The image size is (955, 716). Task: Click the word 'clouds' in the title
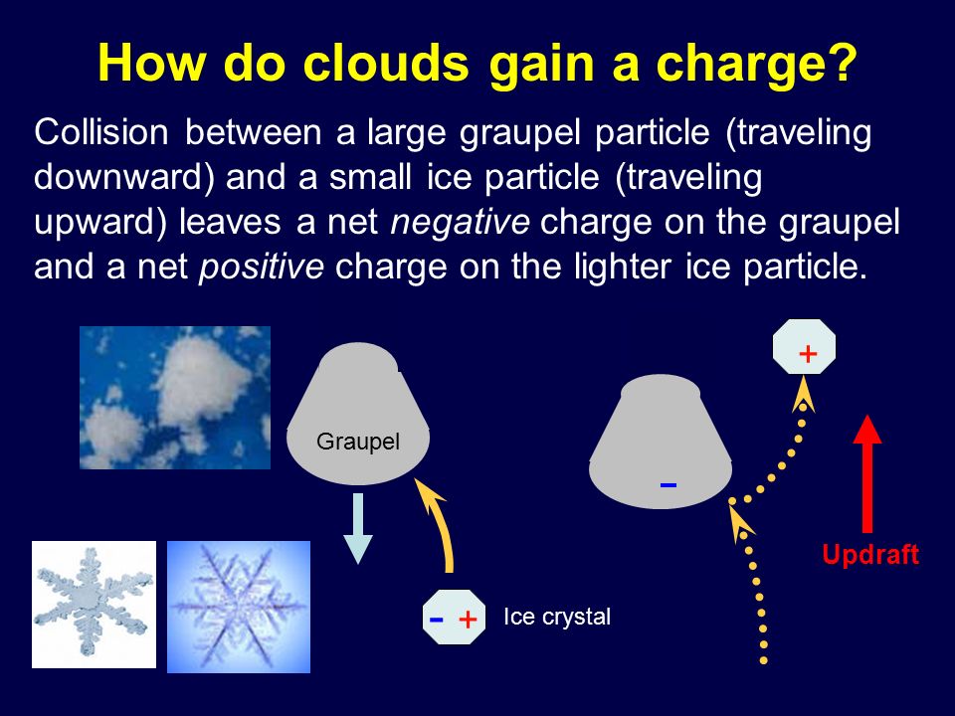[386, 62]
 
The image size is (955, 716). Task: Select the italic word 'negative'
[460, 222]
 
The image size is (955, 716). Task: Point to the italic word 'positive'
[262, 267]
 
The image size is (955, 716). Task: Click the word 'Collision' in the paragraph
[101, 132]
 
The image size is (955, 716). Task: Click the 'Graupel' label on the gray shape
[358, 442]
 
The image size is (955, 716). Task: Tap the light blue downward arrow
[358, 528]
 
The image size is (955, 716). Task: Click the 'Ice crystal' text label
[557, 617]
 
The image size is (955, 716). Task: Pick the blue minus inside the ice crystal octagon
[436, 620]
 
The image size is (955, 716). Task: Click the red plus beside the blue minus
[468, 620]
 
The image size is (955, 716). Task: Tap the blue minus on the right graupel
[668, 484]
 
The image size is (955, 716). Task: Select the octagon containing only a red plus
[804, 347]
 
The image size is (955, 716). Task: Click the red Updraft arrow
[867, 473]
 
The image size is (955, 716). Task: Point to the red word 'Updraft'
[870, 555]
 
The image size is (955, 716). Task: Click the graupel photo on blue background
[175, 398]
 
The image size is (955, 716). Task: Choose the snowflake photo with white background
[94, 605]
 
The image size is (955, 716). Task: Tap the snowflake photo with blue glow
[239, 607]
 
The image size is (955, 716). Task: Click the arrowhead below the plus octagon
[804, 394]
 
